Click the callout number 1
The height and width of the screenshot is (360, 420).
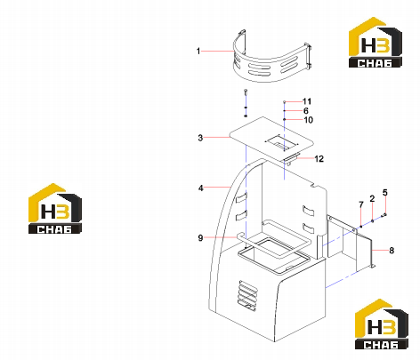click(x=198, y=52)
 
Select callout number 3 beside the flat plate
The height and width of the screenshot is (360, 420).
click(x=200, y=138)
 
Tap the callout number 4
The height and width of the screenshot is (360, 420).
click(x=201, y=188)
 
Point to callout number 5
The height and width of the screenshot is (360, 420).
click(x=384, y=193)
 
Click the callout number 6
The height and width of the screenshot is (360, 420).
click(x=306, y=111)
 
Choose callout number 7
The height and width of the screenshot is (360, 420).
click(x=361, y=204)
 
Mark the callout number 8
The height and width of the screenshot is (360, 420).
click(x=392, y=251)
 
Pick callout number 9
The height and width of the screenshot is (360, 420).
click(x=200, y=238)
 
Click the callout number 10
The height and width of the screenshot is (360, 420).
click(x=309, y=120)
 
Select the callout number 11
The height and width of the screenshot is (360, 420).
click(x=307, y=101)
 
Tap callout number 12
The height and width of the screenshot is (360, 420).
click(x=319, y=159)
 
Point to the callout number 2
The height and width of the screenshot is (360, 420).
click(x=372, y=199)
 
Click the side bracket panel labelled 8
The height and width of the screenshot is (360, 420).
click(x=350, y=243)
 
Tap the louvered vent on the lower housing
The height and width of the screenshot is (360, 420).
click(x=247, y=295)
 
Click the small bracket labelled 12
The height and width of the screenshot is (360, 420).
click(x=292, y=159)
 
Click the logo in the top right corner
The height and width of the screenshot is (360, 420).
click(x=376, y=42)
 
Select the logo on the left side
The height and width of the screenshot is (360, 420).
click(x=55, y=208)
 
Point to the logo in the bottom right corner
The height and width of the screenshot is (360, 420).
click(x=382, y=324)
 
